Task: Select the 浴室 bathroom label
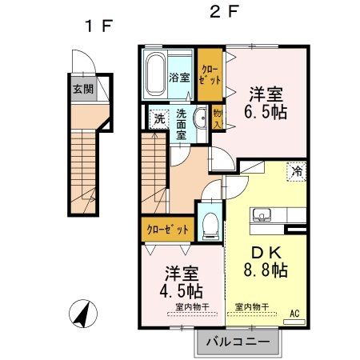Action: click(x=179, y=78)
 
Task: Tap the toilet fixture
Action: click(x=210, y=223)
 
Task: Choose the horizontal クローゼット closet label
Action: click(x=168, y=230)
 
